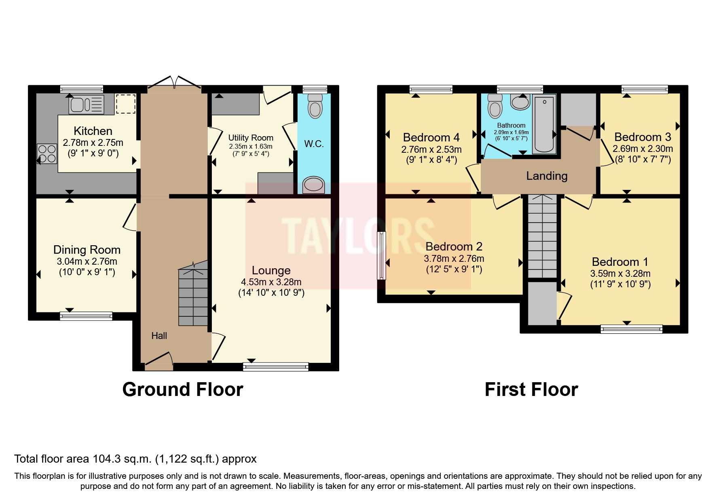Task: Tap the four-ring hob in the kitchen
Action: point(47,154)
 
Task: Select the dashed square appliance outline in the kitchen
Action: point(125,104)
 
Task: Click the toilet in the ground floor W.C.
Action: point(315,105)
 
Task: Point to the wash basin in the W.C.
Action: point(314,185)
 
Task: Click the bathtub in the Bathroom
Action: point(544,124)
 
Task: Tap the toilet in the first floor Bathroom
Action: point(495,106)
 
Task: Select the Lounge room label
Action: point(271,270)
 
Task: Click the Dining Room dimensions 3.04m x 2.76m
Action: point(87,261)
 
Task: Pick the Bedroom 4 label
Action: point(431,137)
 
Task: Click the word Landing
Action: point(547,176)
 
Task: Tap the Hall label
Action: point(159,336)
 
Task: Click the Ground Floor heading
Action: point(183,389)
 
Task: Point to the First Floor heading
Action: point(531,389)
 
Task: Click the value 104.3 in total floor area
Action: point(106,459)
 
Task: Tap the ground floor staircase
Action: point(193,295)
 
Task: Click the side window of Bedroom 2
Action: point(381,255)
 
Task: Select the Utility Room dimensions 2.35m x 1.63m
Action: point(251,146)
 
